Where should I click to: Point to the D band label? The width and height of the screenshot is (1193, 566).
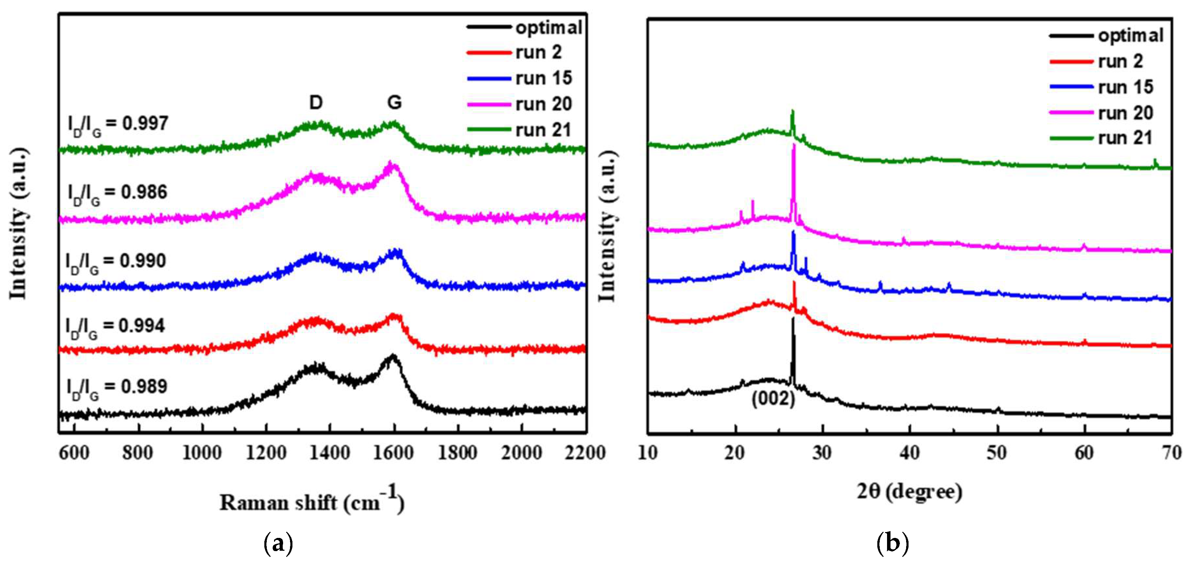point(316,102)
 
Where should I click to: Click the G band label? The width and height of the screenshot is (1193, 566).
point(394,102)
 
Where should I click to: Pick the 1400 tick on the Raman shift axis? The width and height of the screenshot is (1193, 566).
point(330,453)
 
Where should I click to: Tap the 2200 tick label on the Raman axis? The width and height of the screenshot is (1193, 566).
point(585,453)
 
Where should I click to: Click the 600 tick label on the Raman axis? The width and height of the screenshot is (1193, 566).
point(75,453)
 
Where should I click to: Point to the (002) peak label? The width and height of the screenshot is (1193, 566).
point(773,399)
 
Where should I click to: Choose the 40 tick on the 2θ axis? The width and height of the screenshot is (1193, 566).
point(910,453)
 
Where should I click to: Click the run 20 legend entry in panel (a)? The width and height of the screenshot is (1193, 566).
point(543,104)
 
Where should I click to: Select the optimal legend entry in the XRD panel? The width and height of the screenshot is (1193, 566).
point(1130,36)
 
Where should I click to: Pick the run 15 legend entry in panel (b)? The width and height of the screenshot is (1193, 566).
point(1125,87)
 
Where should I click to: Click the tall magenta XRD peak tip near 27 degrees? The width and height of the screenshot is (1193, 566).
point(794,145)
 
